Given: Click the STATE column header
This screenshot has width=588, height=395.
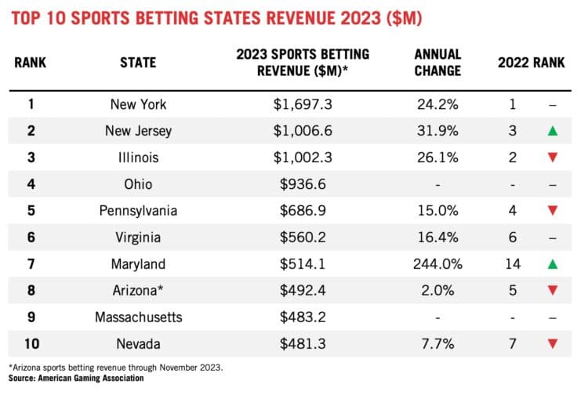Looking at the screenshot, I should pyautogui.click(x=138, y=62).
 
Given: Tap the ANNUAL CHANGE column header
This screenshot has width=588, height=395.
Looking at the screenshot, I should pyautogui.click(x=438, y=62).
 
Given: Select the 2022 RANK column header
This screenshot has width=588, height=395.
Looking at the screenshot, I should pyautogui.click(x=531, y=62).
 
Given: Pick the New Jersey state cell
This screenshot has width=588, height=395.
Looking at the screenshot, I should pyautogui.click(x=138, y=131).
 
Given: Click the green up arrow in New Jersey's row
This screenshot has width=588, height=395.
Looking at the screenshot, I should pyautogui.click(x=554, y=131).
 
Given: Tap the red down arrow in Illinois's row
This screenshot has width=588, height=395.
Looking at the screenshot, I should pyautogui.click(x=554, y=158).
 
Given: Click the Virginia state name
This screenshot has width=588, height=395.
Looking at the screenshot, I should pyautogui.click(x=138, y=237).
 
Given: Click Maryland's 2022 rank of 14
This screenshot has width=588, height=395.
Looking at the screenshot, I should pyautogui.click(x=513, y=264).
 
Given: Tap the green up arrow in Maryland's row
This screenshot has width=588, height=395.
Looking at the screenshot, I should pyautogui.click(x=554, y=264).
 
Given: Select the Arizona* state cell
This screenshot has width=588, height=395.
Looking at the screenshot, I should pyautogui.click(x=138, y=291).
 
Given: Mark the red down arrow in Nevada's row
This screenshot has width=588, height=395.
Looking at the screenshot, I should pyautogui.click(x=554, y=344).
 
